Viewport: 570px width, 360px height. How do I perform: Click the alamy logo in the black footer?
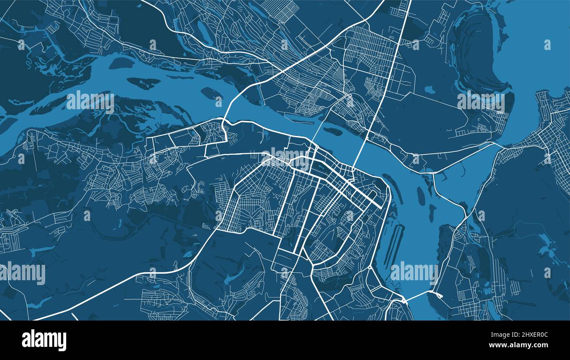click(x=44, y=340)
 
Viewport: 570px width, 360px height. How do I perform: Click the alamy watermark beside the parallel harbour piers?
click(x=413, y=272)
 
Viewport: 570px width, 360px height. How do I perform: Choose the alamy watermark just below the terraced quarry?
click(x=481, y=102)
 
